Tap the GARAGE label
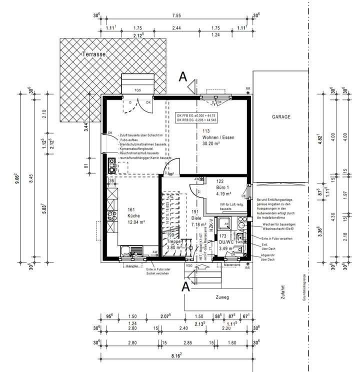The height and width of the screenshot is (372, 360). [x=281, y=116]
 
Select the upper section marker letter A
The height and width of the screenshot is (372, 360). [x=183, y=77]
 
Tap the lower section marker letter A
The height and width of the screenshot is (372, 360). [x=185, y=286]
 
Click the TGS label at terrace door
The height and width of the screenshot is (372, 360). [x=137, y=90]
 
